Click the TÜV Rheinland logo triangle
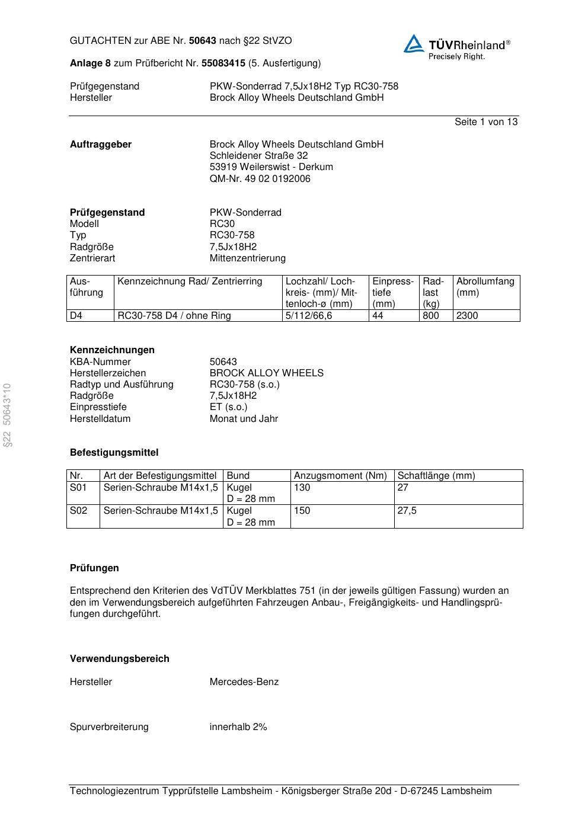(x=414, y=44)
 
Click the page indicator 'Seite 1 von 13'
(x=485, y=121)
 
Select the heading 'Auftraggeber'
(x=101, y=144)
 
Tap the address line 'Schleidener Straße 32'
(x=258, y=155)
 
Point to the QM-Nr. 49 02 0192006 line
(x=260, y=178)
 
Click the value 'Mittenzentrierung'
(x=247, y=258)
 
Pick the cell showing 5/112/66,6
(x=309, y=315)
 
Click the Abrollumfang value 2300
(x=467, y=315)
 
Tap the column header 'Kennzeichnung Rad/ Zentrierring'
(x=190, y=281)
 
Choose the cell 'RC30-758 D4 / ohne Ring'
(x=174, y=315)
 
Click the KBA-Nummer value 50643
(x=223, y=361)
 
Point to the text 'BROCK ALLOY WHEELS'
(x=266, y=373)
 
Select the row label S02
(x=78, y=510)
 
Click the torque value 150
(x=302, y=510)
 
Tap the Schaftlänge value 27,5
(x=407, y=510)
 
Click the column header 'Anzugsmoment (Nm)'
(x=340, y=475)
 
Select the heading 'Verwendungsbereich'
(x=120, y=658)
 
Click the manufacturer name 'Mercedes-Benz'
(x=244, y=681)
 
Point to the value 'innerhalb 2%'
(x=238, y=727)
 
